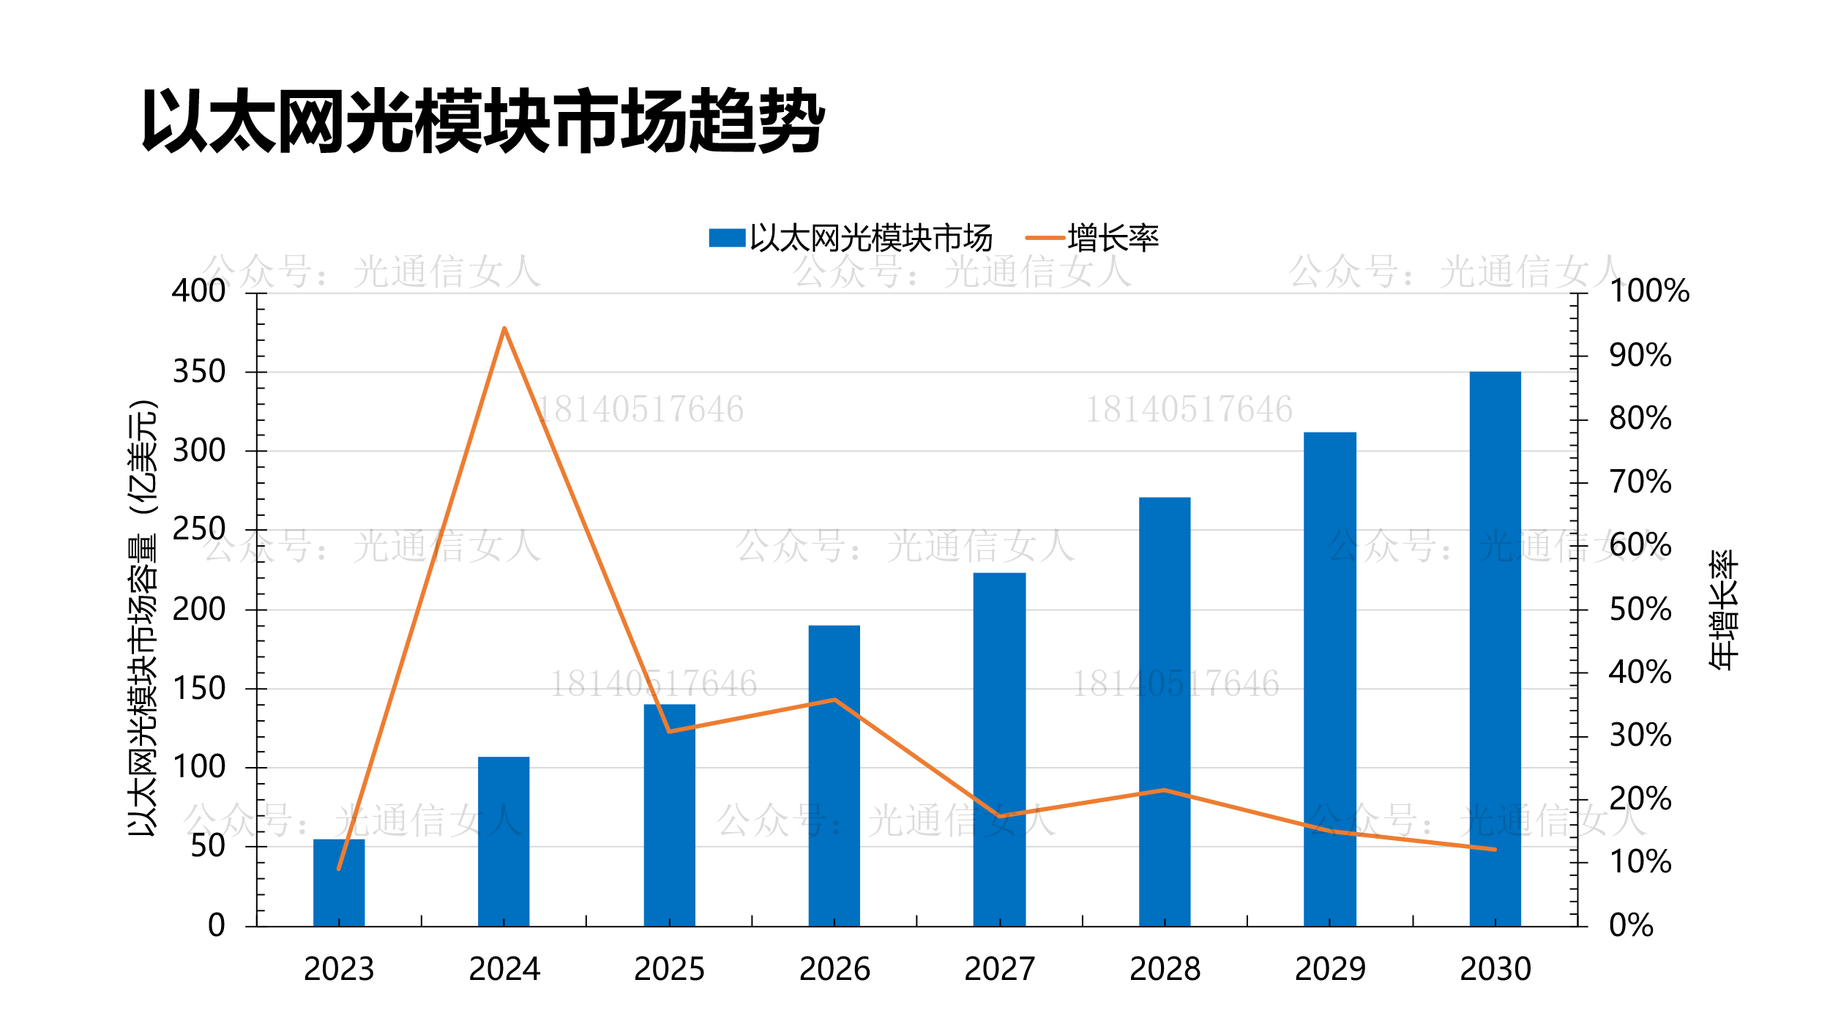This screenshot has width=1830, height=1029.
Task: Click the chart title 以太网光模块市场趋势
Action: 483,121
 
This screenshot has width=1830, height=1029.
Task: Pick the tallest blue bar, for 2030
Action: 1495,648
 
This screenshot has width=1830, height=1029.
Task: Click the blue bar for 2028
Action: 1164,711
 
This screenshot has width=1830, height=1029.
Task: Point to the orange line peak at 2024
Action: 504,329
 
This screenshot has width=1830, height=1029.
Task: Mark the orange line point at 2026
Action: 834,700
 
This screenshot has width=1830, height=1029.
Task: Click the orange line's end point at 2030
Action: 1495,850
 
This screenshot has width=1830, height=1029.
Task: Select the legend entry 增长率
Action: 1113,239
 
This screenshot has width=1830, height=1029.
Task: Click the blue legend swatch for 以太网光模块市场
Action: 727,238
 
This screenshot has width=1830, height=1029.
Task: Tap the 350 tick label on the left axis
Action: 198,372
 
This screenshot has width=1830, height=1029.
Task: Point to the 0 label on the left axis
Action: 216,926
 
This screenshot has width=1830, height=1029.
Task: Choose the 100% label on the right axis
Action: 1648,291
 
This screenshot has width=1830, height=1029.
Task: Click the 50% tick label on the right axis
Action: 1640,610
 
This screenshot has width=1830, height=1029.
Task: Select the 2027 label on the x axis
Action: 999,969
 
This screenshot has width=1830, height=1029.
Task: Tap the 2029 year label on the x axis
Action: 1330,969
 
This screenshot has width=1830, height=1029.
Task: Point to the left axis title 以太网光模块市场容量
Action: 142,618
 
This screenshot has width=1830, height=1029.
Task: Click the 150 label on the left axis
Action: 198,689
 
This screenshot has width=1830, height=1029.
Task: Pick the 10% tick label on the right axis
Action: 1640,862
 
